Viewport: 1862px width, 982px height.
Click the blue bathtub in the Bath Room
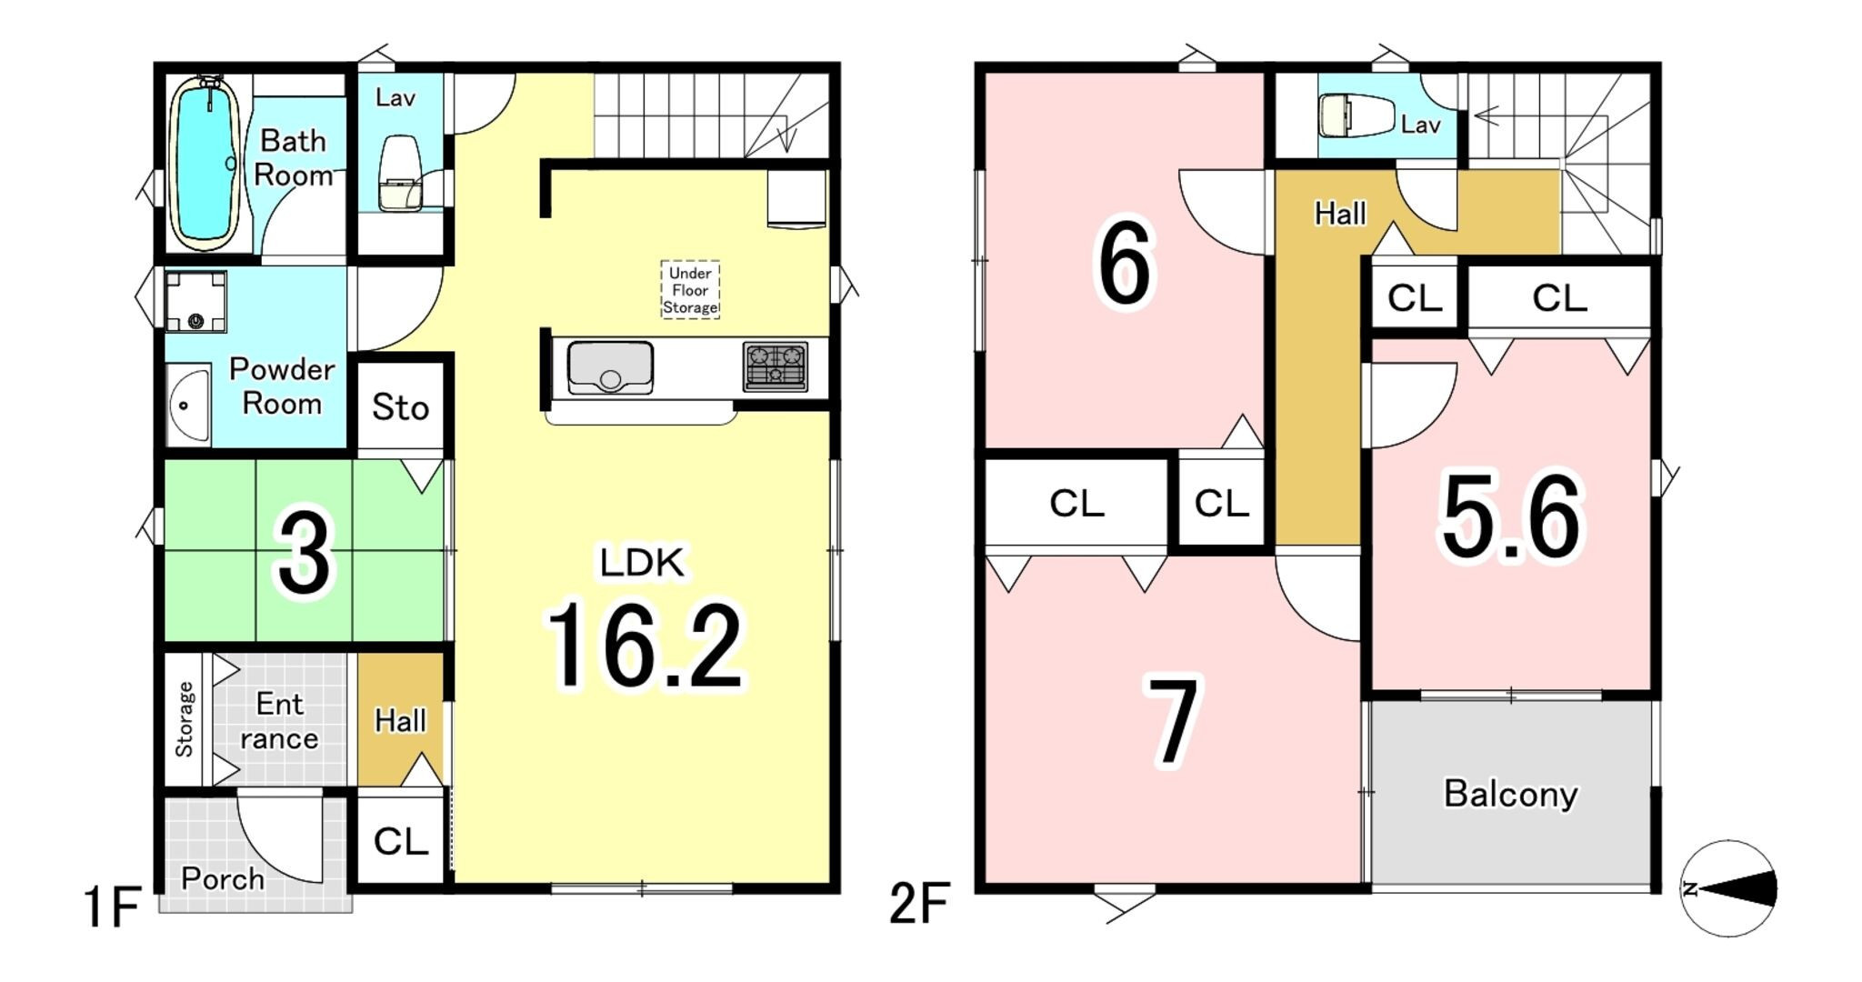tap(207, 164)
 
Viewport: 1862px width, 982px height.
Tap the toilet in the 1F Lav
tap(399, 174)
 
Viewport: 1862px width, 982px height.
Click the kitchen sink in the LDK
tap(610, 367)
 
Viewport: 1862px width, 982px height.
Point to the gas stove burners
tap(776, 366)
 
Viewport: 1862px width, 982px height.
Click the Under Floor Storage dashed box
tap(690, 290)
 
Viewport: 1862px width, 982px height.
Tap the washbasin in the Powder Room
tap(189, 406)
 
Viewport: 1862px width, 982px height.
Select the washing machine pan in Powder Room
tap(195, 301)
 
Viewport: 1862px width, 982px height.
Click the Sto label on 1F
tap(400, 407)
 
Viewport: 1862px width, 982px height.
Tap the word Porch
tap(223, 878)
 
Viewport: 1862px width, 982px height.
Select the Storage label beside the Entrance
tap(185, 719)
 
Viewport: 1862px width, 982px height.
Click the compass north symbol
tap(1727, 888)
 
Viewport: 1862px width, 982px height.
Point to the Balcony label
tap(1510, 794)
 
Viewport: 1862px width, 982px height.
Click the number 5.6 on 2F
tap(1511, 516)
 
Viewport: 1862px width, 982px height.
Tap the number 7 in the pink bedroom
tap(1174, 721)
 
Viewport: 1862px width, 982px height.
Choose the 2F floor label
tap(918, 904)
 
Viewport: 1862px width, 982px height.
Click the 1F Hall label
tap(400, 721)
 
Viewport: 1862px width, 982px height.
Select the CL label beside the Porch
tap(401, 841)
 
